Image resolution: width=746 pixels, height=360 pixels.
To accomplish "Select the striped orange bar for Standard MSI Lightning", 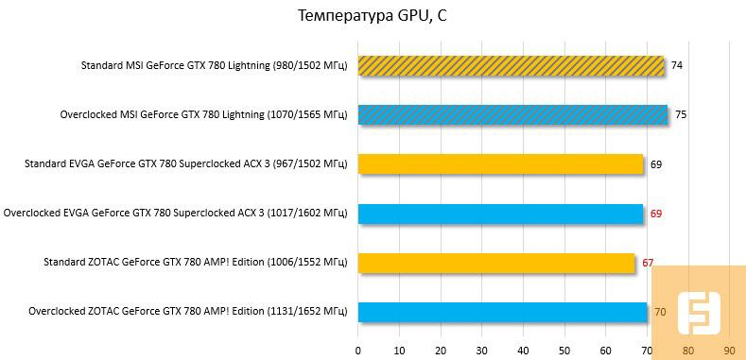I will [511, 65].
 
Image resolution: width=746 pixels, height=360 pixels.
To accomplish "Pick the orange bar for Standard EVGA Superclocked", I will [500, 164].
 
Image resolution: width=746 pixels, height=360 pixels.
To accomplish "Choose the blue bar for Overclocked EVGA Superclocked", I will [500, 214].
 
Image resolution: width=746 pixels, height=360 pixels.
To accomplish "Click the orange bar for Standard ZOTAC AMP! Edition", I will [495, 263].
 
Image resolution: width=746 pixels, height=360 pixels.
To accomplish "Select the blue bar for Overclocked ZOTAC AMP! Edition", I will [502, 311].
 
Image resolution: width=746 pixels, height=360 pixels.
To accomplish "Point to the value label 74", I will [677, 66].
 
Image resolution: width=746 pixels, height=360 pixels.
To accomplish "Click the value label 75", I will [681, 115].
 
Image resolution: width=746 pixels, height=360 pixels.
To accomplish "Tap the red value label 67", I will [649, 263].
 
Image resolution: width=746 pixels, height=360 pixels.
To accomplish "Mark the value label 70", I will [660, 311].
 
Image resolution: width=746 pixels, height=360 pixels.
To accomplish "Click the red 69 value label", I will [656, 214].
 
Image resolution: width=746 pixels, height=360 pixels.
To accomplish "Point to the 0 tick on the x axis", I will [357, 350].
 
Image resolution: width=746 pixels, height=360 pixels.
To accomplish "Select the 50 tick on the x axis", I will [564, 350].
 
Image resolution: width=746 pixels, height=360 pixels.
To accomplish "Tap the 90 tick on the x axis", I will [729, 350].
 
